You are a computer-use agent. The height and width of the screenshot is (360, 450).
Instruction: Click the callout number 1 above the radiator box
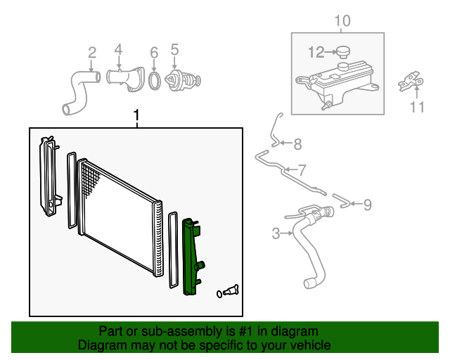(137, 115)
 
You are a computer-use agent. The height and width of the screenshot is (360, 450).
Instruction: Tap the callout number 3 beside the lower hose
(276, 233)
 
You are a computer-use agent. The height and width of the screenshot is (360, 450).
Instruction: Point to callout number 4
(118, 49)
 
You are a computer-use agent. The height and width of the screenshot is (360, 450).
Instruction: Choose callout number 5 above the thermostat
(174, 49)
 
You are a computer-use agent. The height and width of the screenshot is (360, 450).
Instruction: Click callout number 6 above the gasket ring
(154, 52)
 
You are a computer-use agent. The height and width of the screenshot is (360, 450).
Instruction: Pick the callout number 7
(302, 169)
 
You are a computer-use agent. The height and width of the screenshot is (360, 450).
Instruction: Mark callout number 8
(297, 145)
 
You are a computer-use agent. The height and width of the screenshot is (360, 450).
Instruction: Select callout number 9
(367, 205)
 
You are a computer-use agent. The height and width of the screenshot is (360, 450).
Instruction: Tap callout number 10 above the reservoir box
(341, 21)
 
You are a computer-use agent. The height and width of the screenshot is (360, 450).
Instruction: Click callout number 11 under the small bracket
(418, 107)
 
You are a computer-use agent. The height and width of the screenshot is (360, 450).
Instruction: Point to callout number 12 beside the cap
(316, 51)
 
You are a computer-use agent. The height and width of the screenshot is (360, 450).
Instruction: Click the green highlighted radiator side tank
(191, 257)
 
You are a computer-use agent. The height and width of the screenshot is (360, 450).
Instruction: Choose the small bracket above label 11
(411, 82)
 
